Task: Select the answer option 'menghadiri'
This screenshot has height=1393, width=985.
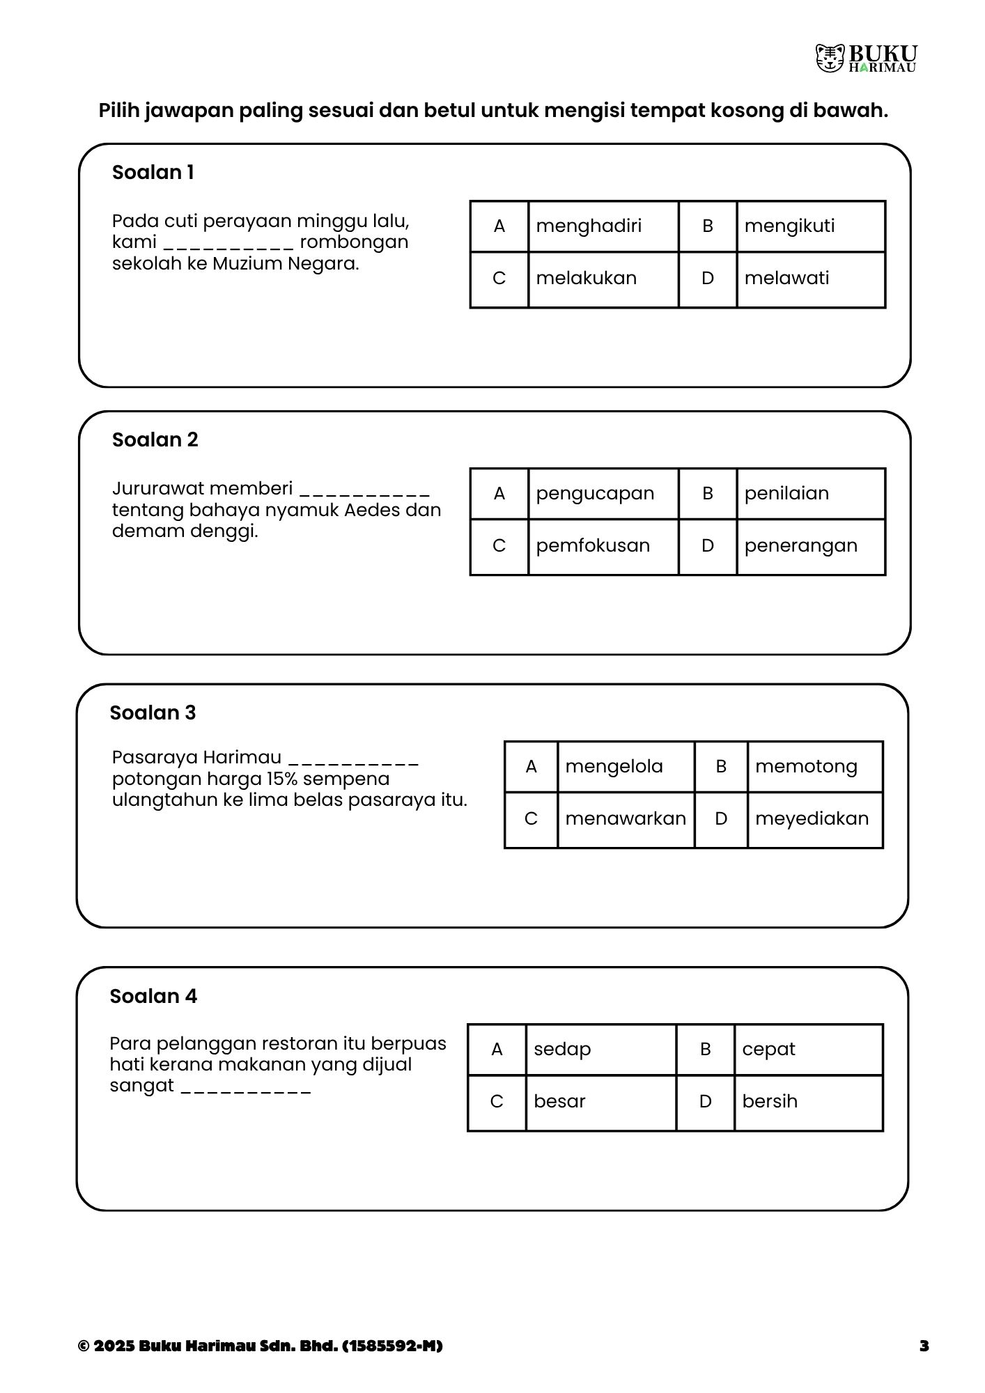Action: click(589, 226)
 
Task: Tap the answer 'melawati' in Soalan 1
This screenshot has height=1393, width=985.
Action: click(786, 278)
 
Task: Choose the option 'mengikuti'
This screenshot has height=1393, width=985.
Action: click(789, 226)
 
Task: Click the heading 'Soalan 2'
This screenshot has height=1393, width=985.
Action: click(155, 439)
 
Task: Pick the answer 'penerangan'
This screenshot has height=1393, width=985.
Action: click(800, 545)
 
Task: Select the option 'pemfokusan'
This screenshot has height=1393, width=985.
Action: click(593, 545)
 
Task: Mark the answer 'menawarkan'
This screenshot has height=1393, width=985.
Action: click(626, 818)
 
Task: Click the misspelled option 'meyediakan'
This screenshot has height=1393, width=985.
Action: click(812, 818)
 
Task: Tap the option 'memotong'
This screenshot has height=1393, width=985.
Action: click(806, 766)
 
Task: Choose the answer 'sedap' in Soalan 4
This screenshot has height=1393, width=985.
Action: click(562, 1049)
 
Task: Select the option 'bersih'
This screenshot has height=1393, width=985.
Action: click(770, 1101)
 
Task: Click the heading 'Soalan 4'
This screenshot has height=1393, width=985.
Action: click(153, 996)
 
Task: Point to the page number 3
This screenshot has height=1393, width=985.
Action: click(924, 1346)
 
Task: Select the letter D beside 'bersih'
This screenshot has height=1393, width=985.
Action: click(705, 1101)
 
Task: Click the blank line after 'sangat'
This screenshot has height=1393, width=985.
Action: click(246, 1087)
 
